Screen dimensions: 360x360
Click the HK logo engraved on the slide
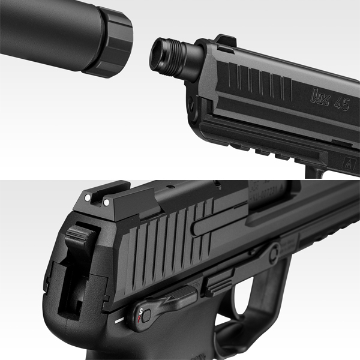click(320, 95)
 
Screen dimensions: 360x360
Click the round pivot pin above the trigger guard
click(273, 253)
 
